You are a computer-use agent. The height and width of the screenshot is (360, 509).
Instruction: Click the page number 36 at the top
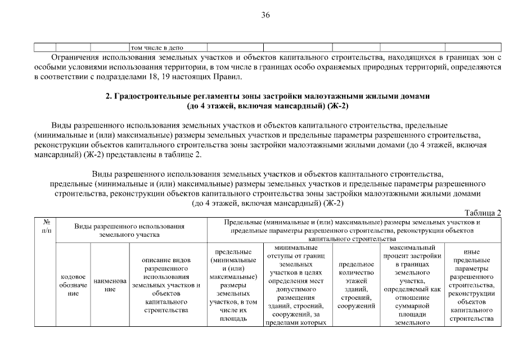(x=265, y=15)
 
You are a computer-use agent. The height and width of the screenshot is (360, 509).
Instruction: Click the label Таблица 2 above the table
(x=483, y=213)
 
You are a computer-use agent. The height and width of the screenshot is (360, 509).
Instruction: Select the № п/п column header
(x=44, y=226)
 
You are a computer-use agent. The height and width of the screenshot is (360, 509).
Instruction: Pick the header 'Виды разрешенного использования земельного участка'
(x=130, y=231)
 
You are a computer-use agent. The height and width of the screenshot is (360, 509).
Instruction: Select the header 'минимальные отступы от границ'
(x=298, y=255)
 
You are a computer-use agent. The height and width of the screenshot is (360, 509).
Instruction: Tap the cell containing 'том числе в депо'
(x=157, y=47)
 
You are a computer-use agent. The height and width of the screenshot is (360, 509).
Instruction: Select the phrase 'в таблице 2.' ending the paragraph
(x=178, y=155)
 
